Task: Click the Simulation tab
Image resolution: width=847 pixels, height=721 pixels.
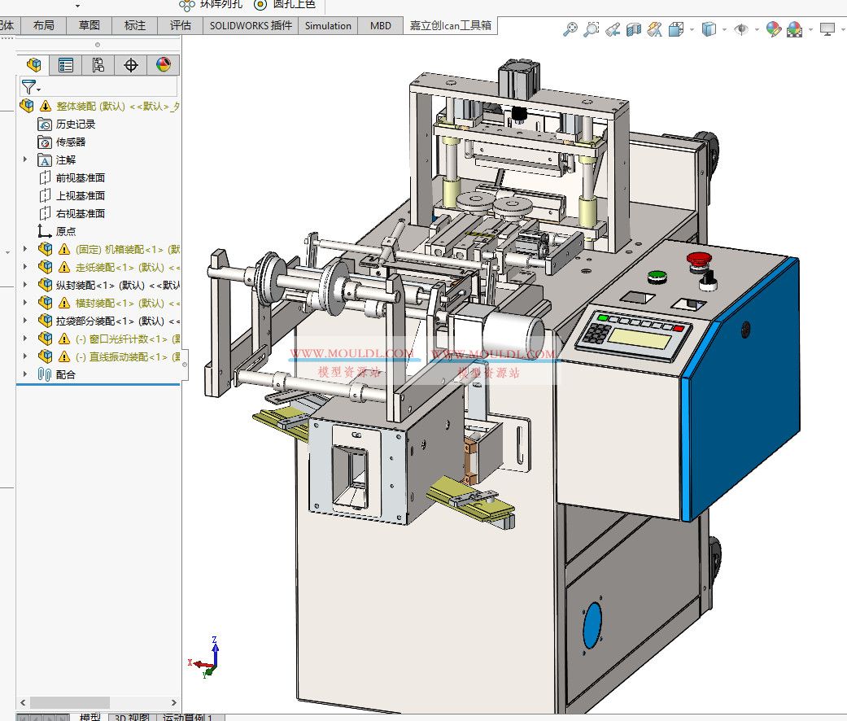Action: (328, 25)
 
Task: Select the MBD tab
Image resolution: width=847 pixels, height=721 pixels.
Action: (381, 25)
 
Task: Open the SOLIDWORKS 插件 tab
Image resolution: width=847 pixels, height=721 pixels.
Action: (251, 25)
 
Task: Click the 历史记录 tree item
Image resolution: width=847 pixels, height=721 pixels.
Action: (75, 124)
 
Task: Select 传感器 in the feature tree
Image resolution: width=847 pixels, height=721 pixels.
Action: (70, 142)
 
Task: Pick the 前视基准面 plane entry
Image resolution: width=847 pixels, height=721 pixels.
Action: (80, 177)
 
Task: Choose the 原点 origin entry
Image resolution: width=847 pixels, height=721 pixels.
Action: (65, 231)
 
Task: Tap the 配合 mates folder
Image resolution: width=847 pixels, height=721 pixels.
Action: (65, 374)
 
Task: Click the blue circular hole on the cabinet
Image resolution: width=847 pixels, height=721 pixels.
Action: (593, 625)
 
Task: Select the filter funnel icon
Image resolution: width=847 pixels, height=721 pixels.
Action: (28, 87)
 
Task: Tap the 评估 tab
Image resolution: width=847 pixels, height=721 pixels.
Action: (180, 25)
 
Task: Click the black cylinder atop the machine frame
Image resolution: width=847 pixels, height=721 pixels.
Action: (519, 74)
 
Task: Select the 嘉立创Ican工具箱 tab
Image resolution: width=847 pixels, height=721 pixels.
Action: (450, 25)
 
